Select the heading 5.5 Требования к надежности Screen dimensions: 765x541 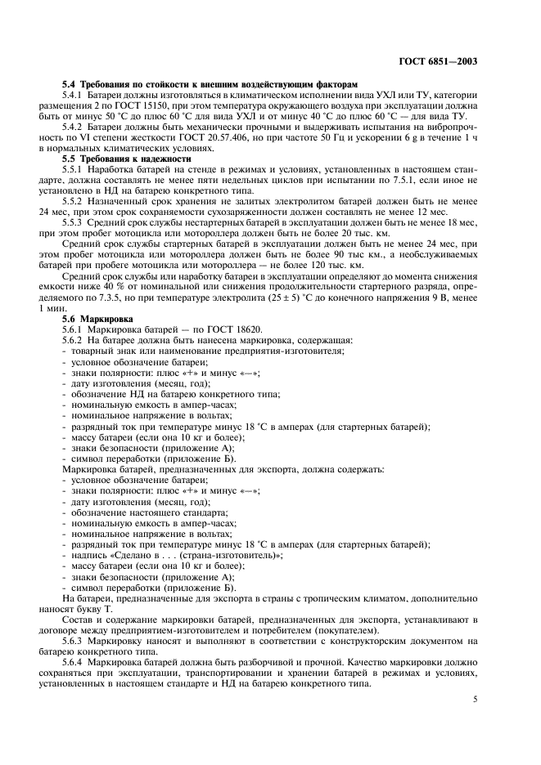[x=128, y=158]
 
